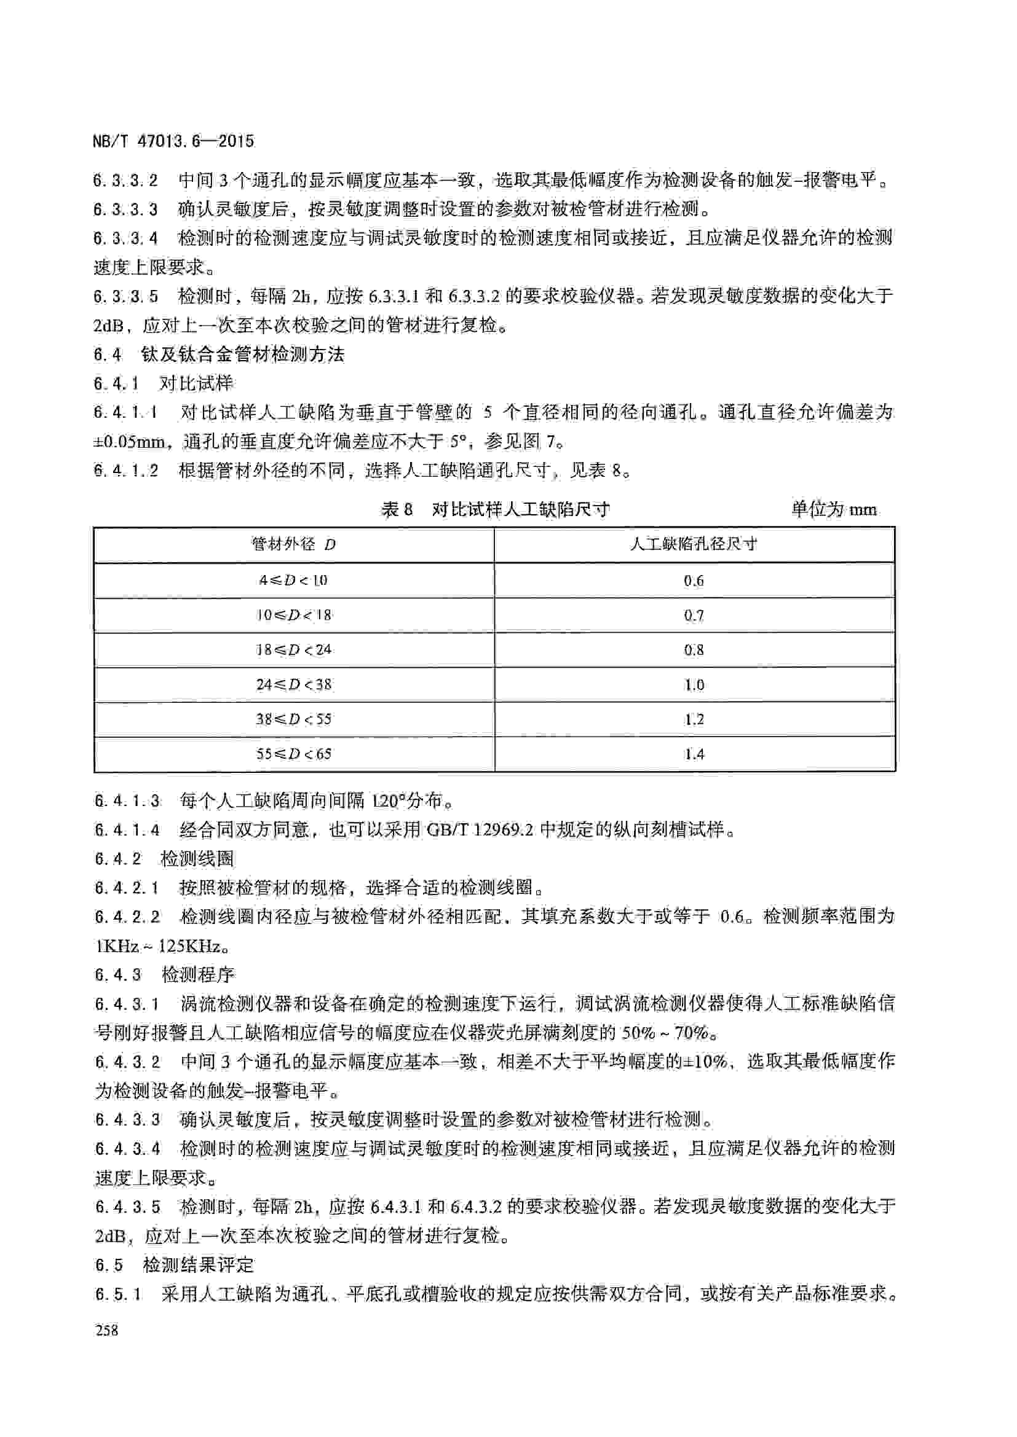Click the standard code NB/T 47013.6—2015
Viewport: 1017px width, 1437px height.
(x=173, y=141)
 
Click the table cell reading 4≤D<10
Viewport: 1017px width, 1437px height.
(x=293, y=580)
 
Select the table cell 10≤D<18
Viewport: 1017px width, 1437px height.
(x=293, y=614)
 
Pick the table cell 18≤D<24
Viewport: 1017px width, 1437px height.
(x=293, y=649)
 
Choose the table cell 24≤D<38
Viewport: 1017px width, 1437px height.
(x=293, y=684)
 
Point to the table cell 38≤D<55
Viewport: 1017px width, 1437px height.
(x=293, y=719)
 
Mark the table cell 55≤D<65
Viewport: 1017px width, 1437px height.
(x=293, y=754)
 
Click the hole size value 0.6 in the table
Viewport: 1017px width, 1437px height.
(x=694, y=581)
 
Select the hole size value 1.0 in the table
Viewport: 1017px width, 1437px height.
(x=694, y=684)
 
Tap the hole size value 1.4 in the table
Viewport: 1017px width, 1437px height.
(x=694, y=754)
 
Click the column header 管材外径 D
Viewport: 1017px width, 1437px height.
(x=293, y=544)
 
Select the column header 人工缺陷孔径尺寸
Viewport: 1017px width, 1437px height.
(x=693, y=544)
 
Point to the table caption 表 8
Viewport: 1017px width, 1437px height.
(x=397, y=509)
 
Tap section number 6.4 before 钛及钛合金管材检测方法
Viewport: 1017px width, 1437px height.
(x=107, y=355)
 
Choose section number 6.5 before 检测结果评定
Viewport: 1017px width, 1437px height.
(x=108, y=1266)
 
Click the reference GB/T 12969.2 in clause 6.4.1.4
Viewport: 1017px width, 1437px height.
(x=480, y=831)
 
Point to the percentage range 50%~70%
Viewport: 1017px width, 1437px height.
(x=669, y=1032)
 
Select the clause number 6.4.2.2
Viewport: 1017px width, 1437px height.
(x=128, y=917)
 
